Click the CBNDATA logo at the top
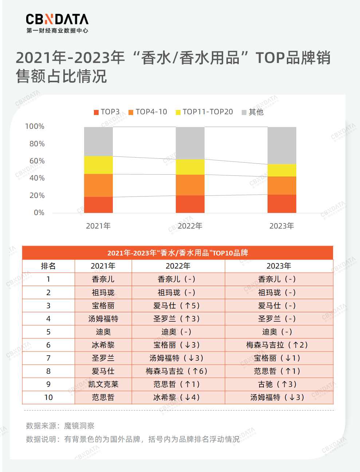click(57, 23)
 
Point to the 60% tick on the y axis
click(37, 161)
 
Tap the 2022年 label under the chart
click(190, 226)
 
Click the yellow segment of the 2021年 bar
click(98, 165)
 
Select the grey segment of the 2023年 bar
click(282, 146)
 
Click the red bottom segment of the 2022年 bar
click(190, 204)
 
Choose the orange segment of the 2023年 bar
click(282, 186)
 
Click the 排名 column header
click(48, 266)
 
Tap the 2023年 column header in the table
click(279, 266)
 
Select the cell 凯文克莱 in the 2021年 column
click(103, 384)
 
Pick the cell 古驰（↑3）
click(277, 384)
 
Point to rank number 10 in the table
click(48, 397)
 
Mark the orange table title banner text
click(178, 253)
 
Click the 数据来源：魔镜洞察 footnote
click(60, 426)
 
